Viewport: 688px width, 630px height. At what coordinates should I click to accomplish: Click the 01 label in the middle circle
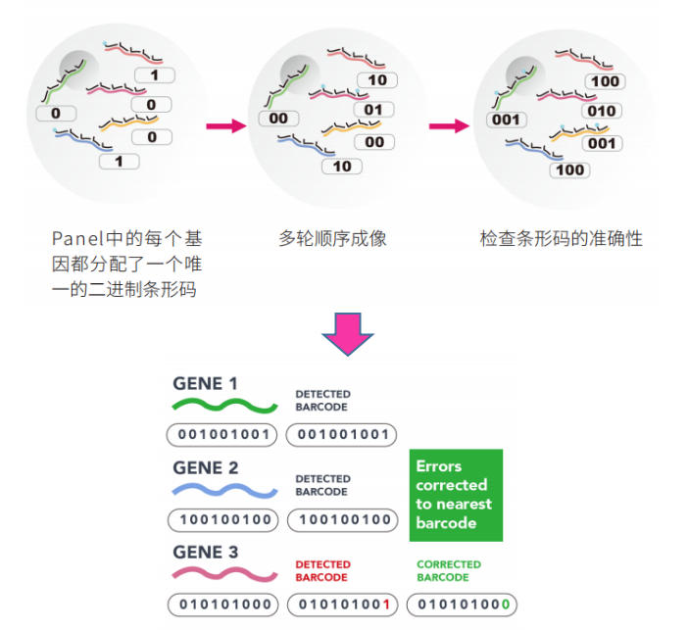tap(372, 110)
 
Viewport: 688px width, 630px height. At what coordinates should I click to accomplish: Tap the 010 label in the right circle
tap(602, 111)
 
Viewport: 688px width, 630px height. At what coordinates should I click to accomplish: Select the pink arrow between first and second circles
tap(224, 125)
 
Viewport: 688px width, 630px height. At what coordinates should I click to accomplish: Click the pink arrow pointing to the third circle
tap(449, 125)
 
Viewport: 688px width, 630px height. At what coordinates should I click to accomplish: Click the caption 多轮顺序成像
tap(332, 238)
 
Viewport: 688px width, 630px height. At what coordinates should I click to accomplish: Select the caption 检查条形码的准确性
tap(561, 238)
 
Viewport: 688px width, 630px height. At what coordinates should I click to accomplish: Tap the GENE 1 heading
tap(205, 383)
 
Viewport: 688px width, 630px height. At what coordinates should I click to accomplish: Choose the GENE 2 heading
tap(205, 468)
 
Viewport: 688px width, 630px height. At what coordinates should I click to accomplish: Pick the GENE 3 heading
tap(205, 553)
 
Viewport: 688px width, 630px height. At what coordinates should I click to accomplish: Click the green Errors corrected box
tap(455, 495)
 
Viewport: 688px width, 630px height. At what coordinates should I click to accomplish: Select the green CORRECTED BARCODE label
tap(449, 570)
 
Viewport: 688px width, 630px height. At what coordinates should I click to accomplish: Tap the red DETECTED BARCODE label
tap(322, 570)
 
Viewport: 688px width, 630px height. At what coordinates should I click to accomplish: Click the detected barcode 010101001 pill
tap(342, 605)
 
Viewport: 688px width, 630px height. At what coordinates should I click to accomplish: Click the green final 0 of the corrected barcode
tap(506, 605)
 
